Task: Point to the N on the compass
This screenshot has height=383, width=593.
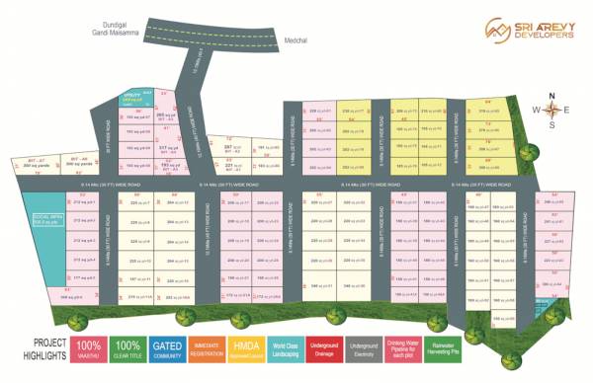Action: (553, 96)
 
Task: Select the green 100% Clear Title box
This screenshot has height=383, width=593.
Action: (127, 350)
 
